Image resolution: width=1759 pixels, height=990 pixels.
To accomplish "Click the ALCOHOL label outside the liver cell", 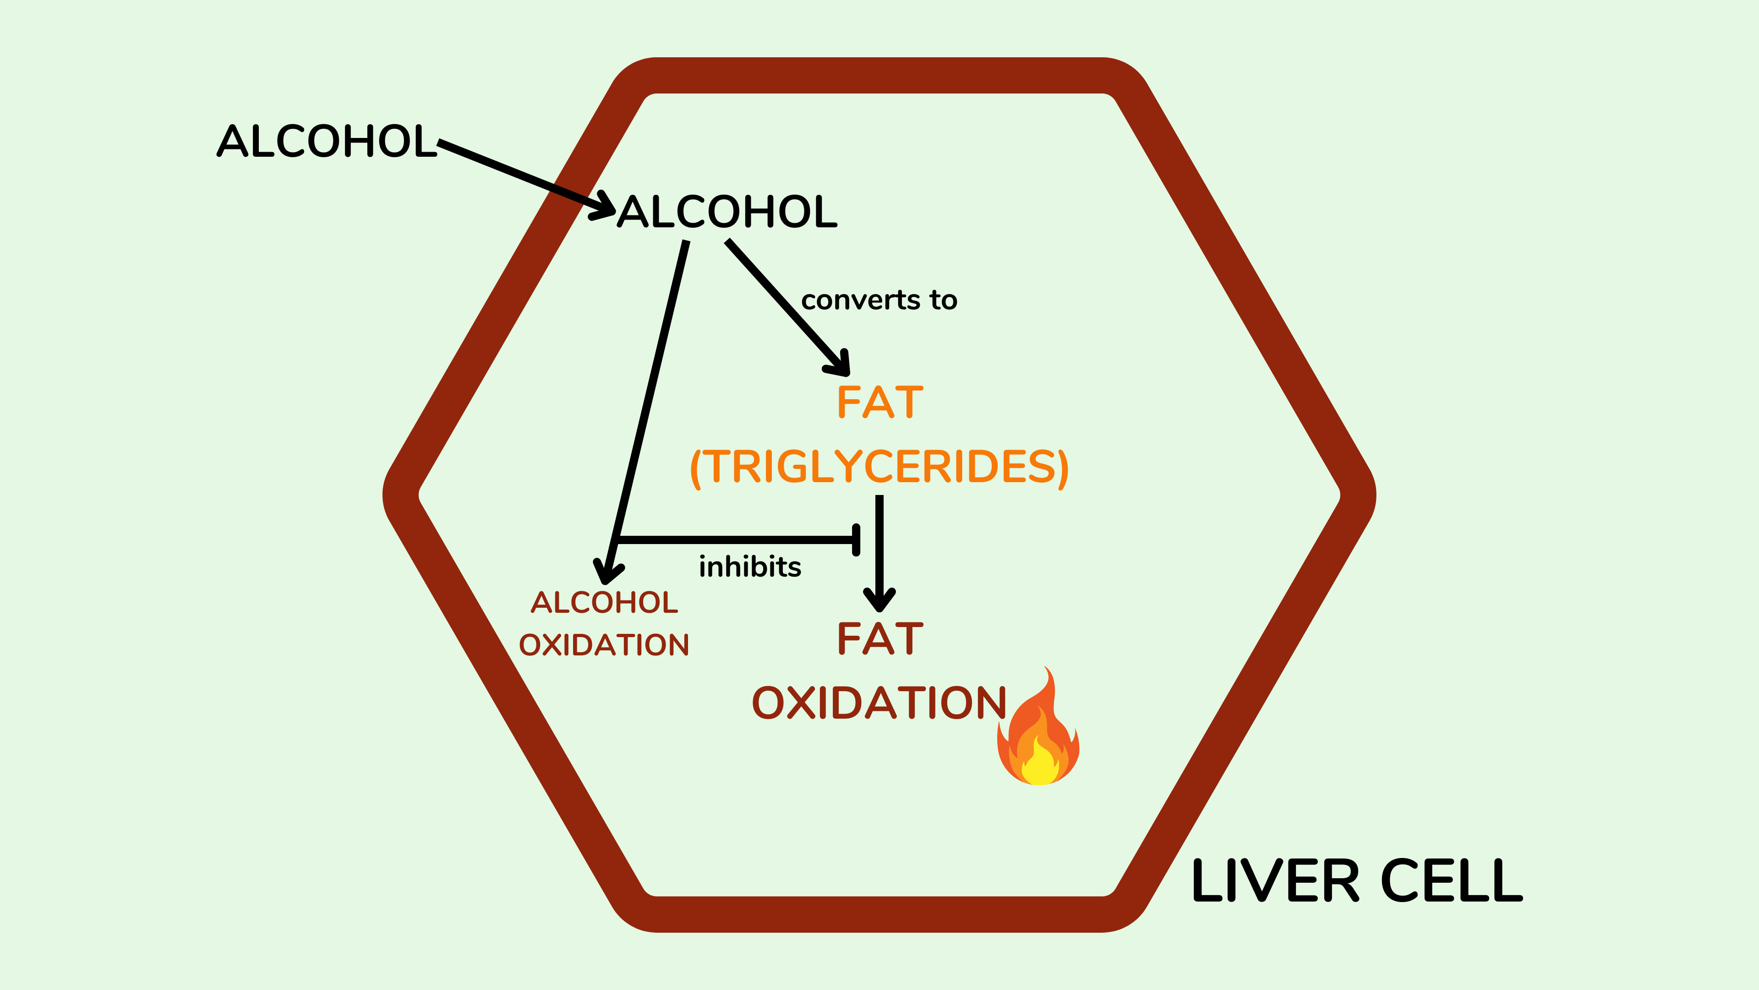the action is click(327, 142).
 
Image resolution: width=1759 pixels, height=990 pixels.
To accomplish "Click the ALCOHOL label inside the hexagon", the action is click(727, 212).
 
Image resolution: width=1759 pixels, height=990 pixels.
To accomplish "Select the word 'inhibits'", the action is click(750, 566).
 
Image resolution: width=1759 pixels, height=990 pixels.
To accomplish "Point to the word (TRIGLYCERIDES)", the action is click(879, 467).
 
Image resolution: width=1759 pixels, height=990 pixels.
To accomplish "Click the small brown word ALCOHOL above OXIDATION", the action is click(604, 603).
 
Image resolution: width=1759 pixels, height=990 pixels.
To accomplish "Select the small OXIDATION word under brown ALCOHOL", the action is click(604, 645).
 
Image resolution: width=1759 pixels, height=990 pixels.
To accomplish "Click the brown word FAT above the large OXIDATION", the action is click(879, 639).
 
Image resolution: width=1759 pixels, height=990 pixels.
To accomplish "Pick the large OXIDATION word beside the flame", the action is click(879, 703).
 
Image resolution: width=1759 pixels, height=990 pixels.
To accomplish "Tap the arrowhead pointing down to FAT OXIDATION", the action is click(879, 601).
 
